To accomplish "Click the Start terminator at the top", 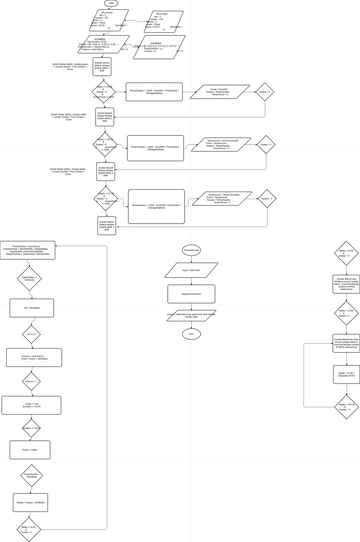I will (x=111, y=4).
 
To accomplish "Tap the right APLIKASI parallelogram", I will (x=163, y=20).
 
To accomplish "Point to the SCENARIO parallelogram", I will (x=155, y=44).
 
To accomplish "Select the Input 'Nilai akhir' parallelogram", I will (x=191, y=270).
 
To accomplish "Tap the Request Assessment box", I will (x=191, y=293).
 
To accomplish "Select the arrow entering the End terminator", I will (x=191, y=324).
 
